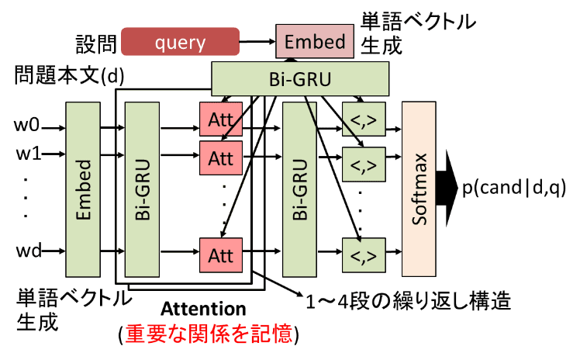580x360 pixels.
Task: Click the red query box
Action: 180,42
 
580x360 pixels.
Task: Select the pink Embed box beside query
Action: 314,41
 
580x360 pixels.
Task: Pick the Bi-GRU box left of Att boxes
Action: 141,185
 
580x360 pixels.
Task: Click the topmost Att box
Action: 221,119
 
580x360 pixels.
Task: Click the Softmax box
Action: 419,186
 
